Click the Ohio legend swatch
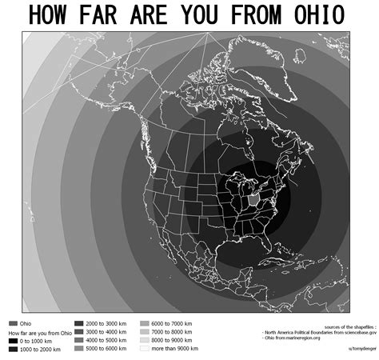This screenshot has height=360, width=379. pyautogui.click(x=13, y=323)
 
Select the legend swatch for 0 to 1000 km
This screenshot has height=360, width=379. pyautogui.click(x=13, y=340)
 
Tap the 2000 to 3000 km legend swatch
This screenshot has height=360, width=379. pyautogui.click(x=78, y=323)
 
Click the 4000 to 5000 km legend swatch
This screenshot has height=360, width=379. pyautogui.click(x=78, y=340)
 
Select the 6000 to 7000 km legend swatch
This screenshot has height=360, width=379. pyautogui.click(x=144, y=323)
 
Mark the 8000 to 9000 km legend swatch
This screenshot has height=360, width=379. pyautogui.click(x=144, y=340)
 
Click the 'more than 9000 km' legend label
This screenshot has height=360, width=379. pyautogui.click(x=173, y=349)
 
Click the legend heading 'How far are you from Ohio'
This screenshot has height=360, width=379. pyautogui.click(x=38, y=332)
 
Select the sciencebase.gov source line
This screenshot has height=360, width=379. pyautogui.click(x=316, y=332)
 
